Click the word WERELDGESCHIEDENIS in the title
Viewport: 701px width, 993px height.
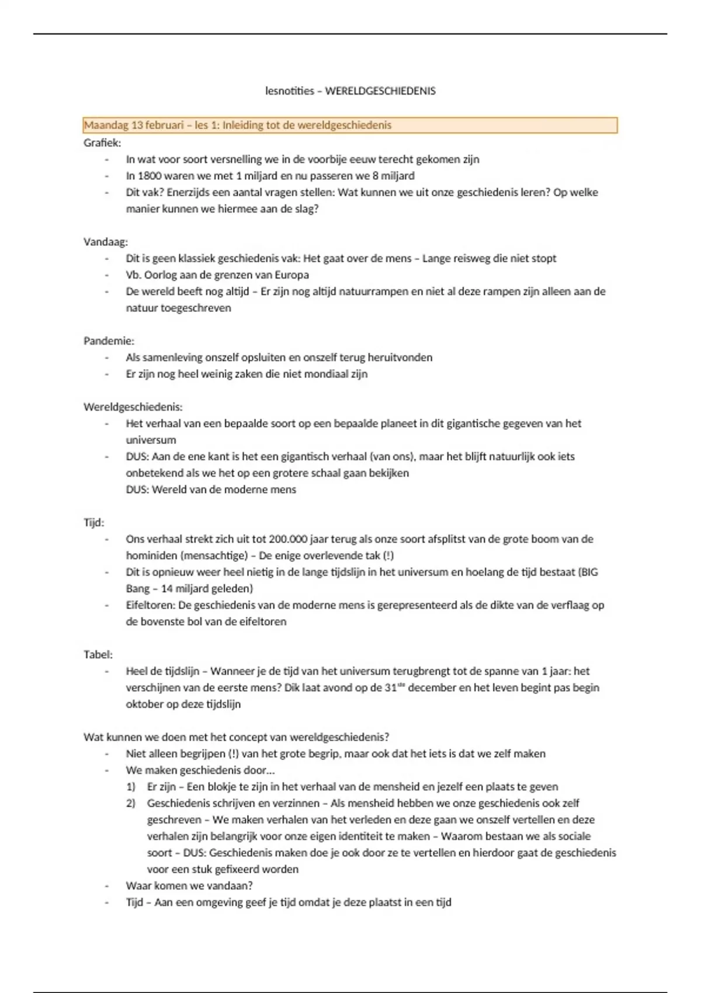pyautogui.click(x=380, y=91)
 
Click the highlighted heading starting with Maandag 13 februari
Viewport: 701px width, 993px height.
pyautogui.click(x=238, y=125)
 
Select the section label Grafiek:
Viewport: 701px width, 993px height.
pyautogui.click(x=102, y=143)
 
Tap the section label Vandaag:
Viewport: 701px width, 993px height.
pyautogui.click(x=106, y=242)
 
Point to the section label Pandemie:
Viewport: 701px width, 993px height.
pyautogui.click(x=109, y=341)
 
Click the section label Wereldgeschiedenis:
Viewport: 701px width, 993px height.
pyautogui.click(x=133, y=407)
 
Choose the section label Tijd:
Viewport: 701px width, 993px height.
pyautogui.click(x=93, y=523)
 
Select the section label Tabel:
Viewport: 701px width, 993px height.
pyautogui.click(x=98, y=655)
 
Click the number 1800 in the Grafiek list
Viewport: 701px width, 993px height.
pyautogui.click(x=150, y=176)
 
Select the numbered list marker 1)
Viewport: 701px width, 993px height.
pyautogui.click(x=131, y=787)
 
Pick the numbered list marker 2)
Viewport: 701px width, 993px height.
pyautogui.click(x=131, y=803)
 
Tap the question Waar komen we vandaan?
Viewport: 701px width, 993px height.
pyautogui.click(x=189, y=886)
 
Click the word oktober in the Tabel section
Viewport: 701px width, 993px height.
pyautogui.click(x=143, y=704)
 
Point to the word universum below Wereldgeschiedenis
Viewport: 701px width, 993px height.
pyautogui.click(x=151, y=440)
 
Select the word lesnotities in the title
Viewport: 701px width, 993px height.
pyautogui.click(x=289, y=91)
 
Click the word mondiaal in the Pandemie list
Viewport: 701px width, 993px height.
pyautogui.click(x=321, y=374)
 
